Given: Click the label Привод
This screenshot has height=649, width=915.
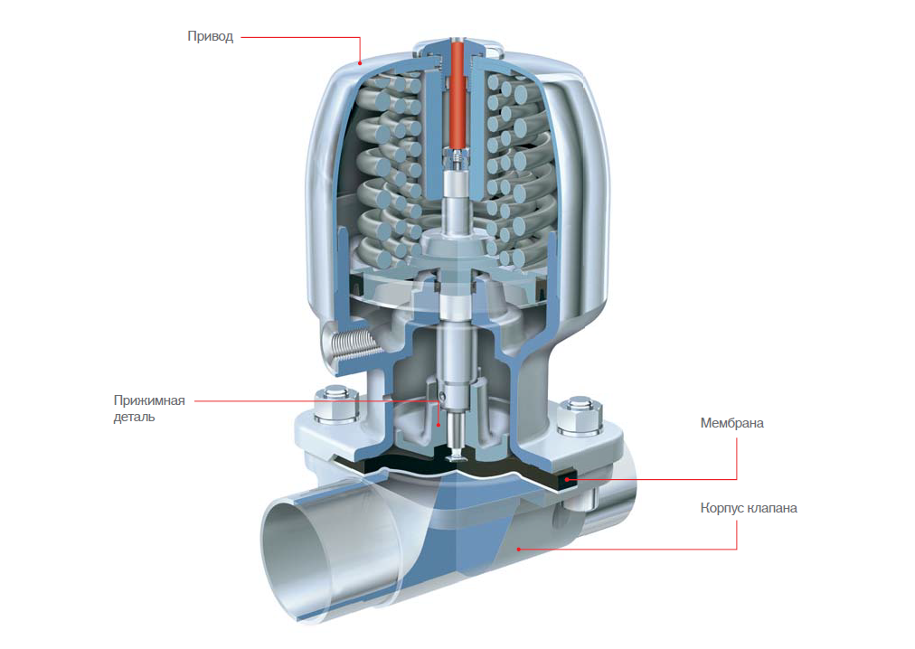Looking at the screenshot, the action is pyautogui.click(x=210, y=37).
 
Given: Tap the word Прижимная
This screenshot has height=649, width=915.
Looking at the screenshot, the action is pyautogui.click(x=149, y=400).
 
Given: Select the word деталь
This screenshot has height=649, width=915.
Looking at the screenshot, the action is pyautogui.click(x=134, y=417).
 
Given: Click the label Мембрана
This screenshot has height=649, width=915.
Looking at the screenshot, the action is pyautogui.click(x=731, y=423).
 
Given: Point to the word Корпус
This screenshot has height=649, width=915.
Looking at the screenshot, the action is pyautogui.click(x=722, y=508).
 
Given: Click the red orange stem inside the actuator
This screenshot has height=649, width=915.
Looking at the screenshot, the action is pyautogui.click(x=457, y=93).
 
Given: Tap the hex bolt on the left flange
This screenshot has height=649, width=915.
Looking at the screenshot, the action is pyautogui.click(x=336, y=403).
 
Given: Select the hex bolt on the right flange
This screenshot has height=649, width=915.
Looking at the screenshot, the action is pyautogui.click(x=580, y=416).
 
